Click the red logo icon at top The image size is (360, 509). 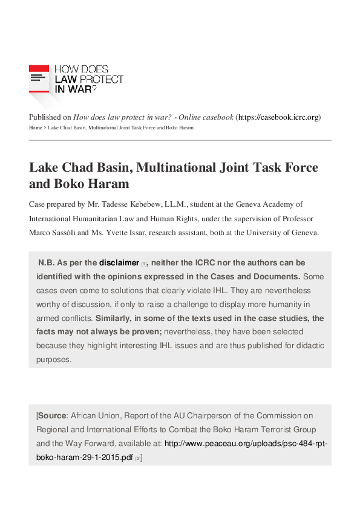[39, 78]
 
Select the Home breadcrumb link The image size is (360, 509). [35, 128]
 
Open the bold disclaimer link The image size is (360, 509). [119, 263]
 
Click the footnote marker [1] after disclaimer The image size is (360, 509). [144, 264]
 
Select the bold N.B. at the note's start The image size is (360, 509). [46, 263]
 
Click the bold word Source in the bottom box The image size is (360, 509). [52, 416]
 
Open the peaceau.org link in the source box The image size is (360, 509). [246, 444]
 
